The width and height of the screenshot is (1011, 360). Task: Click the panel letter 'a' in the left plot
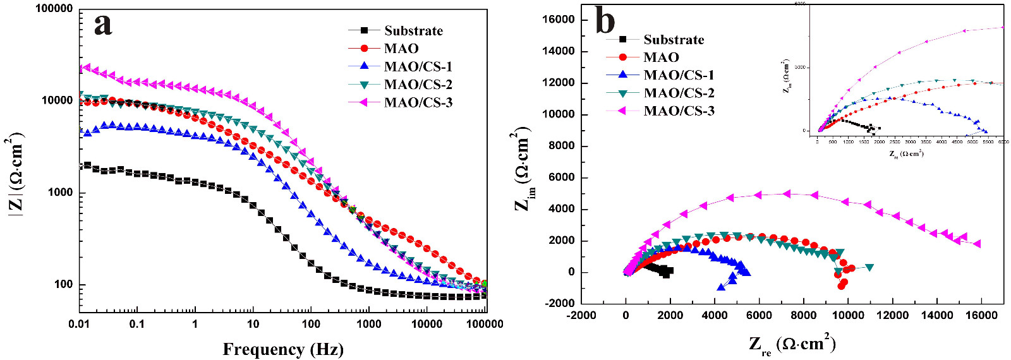[103, 25]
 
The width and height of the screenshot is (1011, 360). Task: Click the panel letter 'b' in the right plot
[605, 21]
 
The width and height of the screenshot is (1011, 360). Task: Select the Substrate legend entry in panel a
[413, 31]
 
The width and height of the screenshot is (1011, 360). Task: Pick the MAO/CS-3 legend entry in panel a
[418, 102]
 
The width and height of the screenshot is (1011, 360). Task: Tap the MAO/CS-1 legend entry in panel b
[679, 75]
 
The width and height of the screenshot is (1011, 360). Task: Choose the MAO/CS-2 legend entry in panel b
[679, 93]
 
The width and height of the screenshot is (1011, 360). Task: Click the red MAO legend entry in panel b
[661, 57]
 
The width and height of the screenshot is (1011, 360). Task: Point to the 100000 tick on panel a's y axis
[54, 9]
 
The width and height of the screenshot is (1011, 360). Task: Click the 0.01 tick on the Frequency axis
[79, 324]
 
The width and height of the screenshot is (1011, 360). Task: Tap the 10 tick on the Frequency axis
[253, 324]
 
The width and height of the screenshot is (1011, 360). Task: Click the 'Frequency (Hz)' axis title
[282, 349]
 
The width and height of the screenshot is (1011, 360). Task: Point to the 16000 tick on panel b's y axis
[559, 20]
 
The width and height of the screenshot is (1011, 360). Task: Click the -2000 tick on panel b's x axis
[581, 315]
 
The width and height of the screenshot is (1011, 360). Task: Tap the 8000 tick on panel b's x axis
[804, 315]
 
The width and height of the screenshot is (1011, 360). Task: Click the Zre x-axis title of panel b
[792, 345]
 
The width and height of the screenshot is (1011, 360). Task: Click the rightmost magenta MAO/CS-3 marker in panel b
[977, 244]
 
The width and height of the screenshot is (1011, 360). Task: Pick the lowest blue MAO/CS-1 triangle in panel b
[721, 287]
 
